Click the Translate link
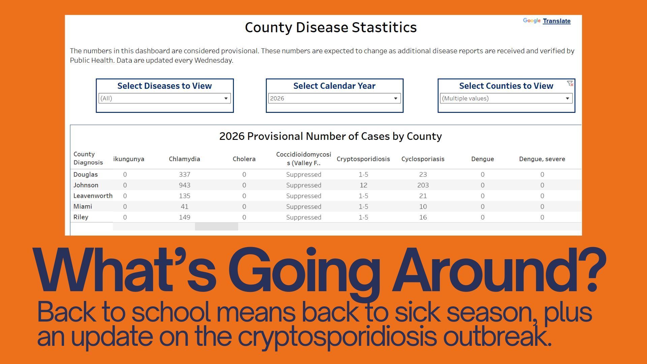click(x=556, y=21)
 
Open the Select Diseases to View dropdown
click(x=164, y=98)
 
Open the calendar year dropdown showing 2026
click(x=334, y=98)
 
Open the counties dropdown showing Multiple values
click(x=506, y=98)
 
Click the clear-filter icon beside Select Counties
click(x=570, y=84)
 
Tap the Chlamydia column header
click(x=184, y=159)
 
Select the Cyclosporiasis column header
click(x=423, y=159)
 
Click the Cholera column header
click(x=244, y=159)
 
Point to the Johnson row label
click(x=86, y=185)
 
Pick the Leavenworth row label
click(x=93, y=196)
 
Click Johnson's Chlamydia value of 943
click(x=185, y=185)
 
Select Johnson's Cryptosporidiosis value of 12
click(x=363, y=185)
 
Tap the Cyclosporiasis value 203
click(x=423, y=185)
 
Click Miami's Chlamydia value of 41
click(x=184, y=207)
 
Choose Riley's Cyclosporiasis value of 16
click(x=423, y=217)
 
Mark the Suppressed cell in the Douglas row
click(x=304, y=175)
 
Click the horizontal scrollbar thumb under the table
click(x=217, y=226)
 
